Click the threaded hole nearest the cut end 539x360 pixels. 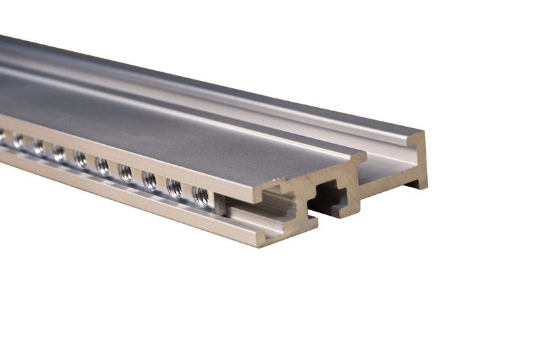(200, 196)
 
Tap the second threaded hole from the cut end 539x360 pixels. (175, 188)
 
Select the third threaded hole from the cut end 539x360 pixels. (149, 181)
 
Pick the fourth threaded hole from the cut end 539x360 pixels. (125, 173)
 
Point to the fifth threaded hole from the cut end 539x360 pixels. (102, 166)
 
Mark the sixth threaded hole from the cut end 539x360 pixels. (80, 159)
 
